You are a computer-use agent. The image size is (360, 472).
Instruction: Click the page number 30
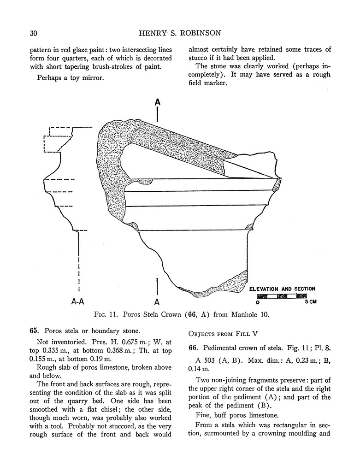33,33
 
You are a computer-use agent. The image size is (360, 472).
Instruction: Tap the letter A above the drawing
157,102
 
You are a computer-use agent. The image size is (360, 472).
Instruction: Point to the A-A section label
77,302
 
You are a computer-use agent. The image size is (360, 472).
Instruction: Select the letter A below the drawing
157,302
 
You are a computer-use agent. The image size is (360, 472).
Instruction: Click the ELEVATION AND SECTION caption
282,289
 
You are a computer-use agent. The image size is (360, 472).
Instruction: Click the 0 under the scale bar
258,303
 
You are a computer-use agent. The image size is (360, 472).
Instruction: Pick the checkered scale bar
282,295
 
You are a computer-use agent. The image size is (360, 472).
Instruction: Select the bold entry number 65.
33,331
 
